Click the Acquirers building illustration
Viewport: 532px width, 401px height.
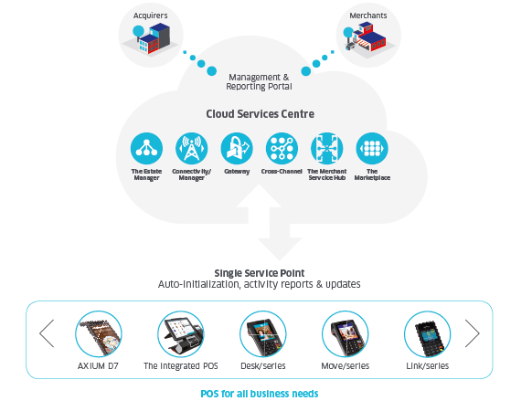point(151,38)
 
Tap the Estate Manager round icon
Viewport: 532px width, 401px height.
point(146,149)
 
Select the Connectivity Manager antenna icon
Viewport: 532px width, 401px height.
point(192,149)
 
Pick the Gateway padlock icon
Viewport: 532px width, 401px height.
point(237,149)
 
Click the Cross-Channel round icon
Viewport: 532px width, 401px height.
point(282,149)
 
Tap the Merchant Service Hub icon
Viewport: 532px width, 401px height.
point(327,149)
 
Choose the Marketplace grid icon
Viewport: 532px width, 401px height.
point(372,149)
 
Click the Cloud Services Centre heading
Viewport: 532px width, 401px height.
point(261,114)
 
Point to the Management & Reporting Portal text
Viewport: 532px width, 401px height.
point(260,82)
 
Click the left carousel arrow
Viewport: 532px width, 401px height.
point(47,333)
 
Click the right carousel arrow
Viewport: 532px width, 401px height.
point(472,333)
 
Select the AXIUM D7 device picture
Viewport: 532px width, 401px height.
point(99,334)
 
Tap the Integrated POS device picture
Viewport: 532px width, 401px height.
point(181,334)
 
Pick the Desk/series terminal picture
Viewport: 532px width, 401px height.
point(263,334)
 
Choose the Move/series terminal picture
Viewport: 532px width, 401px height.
point(345,334)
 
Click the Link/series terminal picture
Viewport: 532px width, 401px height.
point(428,334)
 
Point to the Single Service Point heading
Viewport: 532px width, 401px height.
point(260,273)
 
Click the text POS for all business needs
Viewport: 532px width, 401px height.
point(260,394)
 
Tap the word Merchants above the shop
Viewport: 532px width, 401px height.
point(368,16)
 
